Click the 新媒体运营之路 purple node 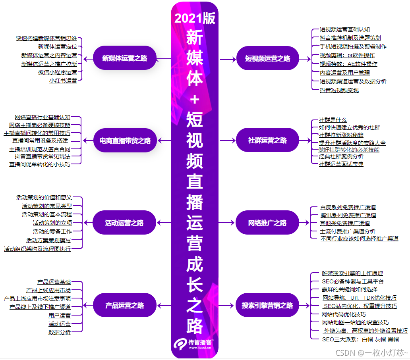point(124,58)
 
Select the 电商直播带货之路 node point(125,141)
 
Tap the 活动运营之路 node point(124,223)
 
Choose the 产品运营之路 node point(124,305)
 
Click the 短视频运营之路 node point(267,59)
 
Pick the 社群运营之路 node point(267,141)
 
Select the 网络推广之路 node point(267,223)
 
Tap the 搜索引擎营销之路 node point(267,306)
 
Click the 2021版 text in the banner point(195,19)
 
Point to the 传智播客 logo point(195,344)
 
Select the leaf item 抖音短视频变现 point(339,90)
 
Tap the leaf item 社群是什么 point(333,120)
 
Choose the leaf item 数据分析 point(60,332)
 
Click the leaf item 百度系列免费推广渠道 point(348,207)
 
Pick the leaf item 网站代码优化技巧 point(343,314)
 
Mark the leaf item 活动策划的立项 point(52,223)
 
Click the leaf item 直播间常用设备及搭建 point(40,141)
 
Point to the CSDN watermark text point(371,352)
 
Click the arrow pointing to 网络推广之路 point(227,223)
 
